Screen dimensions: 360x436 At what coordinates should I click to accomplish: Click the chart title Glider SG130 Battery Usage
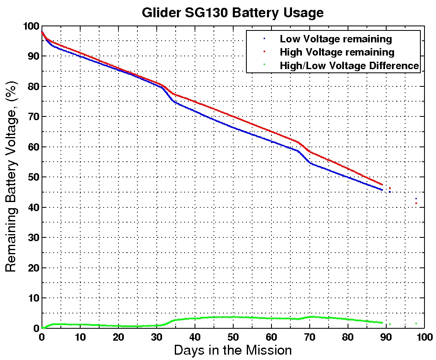[x=232, y=12]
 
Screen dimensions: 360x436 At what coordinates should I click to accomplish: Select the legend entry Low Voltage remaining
[x=336, y=39]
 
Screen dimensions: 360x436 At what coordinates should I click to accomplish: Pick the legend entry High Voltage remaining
[x=337, y=52]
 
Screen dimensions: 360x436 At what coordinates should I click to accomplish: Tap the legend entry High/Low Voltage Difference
[x=349, y=65]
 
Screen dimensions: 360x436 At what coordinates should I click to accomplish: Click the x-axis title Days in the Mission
[x=233, y=351]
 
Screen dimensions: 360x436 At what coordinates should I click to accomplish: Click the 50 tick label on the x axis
[x=233, y=336]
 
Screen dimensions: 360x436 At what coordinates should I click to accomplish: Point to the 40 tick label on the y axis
[x=32, y=207]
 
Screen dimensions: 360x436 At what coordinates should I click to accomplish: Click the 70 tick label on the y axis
[x=32, y=117]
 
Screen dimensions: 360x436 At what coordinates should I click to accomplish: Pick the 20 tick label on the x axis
[x=118, y=336]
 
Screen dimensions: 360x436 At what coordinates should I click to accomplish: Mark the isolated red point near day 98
[x=416, y=203]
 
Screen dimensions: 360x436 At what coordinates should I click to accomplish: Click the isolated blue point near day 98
[x=416, y=199]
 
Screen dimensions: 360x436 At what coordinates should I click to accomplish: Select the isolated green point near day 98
[x=416, y=323]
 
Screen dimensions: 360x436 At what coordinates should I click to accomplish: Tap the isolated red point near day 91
[x=390, y=188]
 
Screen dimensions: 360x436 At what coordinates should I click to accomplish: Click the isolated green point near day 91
[x=390, y=324]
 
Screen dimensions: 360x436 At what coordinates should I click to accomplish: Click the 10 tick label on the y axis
[x=32, y=298]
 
